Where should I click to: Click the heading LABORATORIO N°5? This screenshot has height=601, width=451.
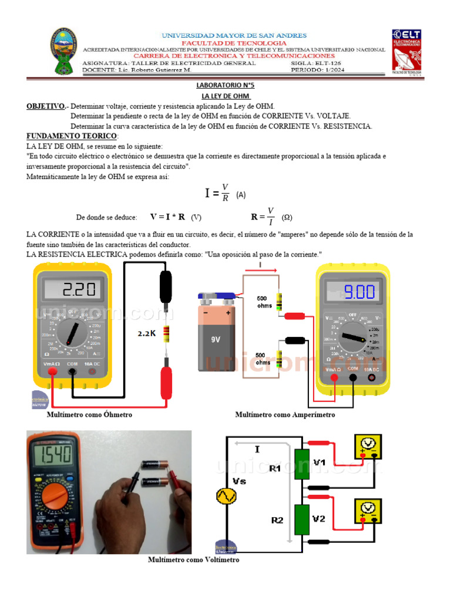click(x=225, y=85)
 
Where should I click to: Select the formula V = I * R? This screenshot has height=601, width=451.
click(x=167, y=217)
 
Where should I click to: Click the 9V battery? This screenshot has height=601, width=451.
click(x=217, y=334)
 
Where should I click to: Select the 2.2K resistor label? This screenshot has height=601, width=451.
click(x=147, y=333)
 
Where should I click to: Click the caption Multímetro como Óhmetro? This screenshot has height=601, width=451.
click(x=89, y=415)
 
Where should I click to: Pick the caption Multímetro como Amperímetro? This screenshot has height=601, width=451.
click(x=285, y=415)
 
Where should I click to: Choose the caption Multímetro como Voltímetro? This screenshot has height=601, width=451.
click(x=193, y=560)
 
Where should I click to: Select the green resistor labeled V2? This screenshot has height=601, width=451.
click(x=302, y=519)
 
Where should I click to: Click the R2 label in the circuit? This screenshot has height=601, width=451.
click(x=277, y=520)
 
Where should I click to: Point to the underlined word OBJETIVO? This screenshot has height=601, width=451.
click(x=46, y=106)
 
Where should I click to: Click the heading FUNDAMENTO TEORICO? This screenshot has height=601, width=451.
click(x=72, y=136)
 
